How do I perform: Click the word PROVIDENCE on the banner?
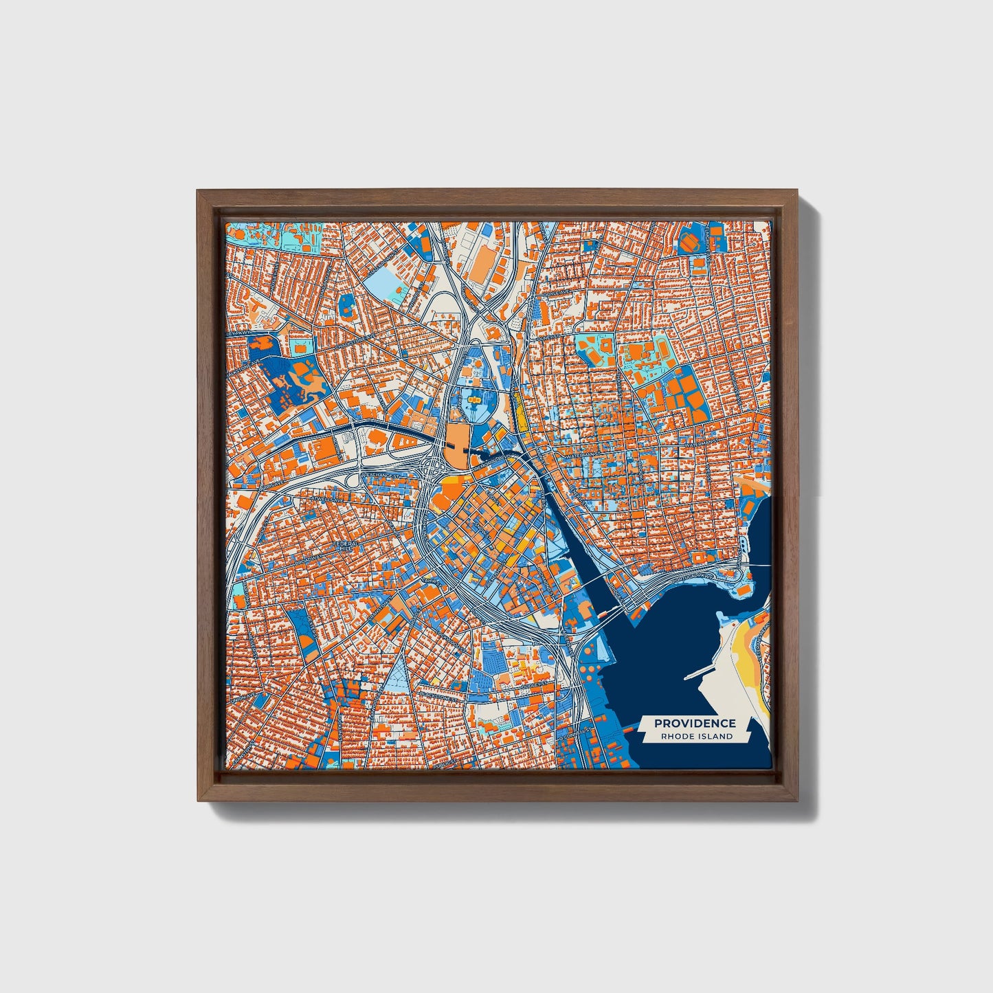point(695,723)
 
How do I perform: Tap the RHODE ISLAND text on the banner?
point(696,737)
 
